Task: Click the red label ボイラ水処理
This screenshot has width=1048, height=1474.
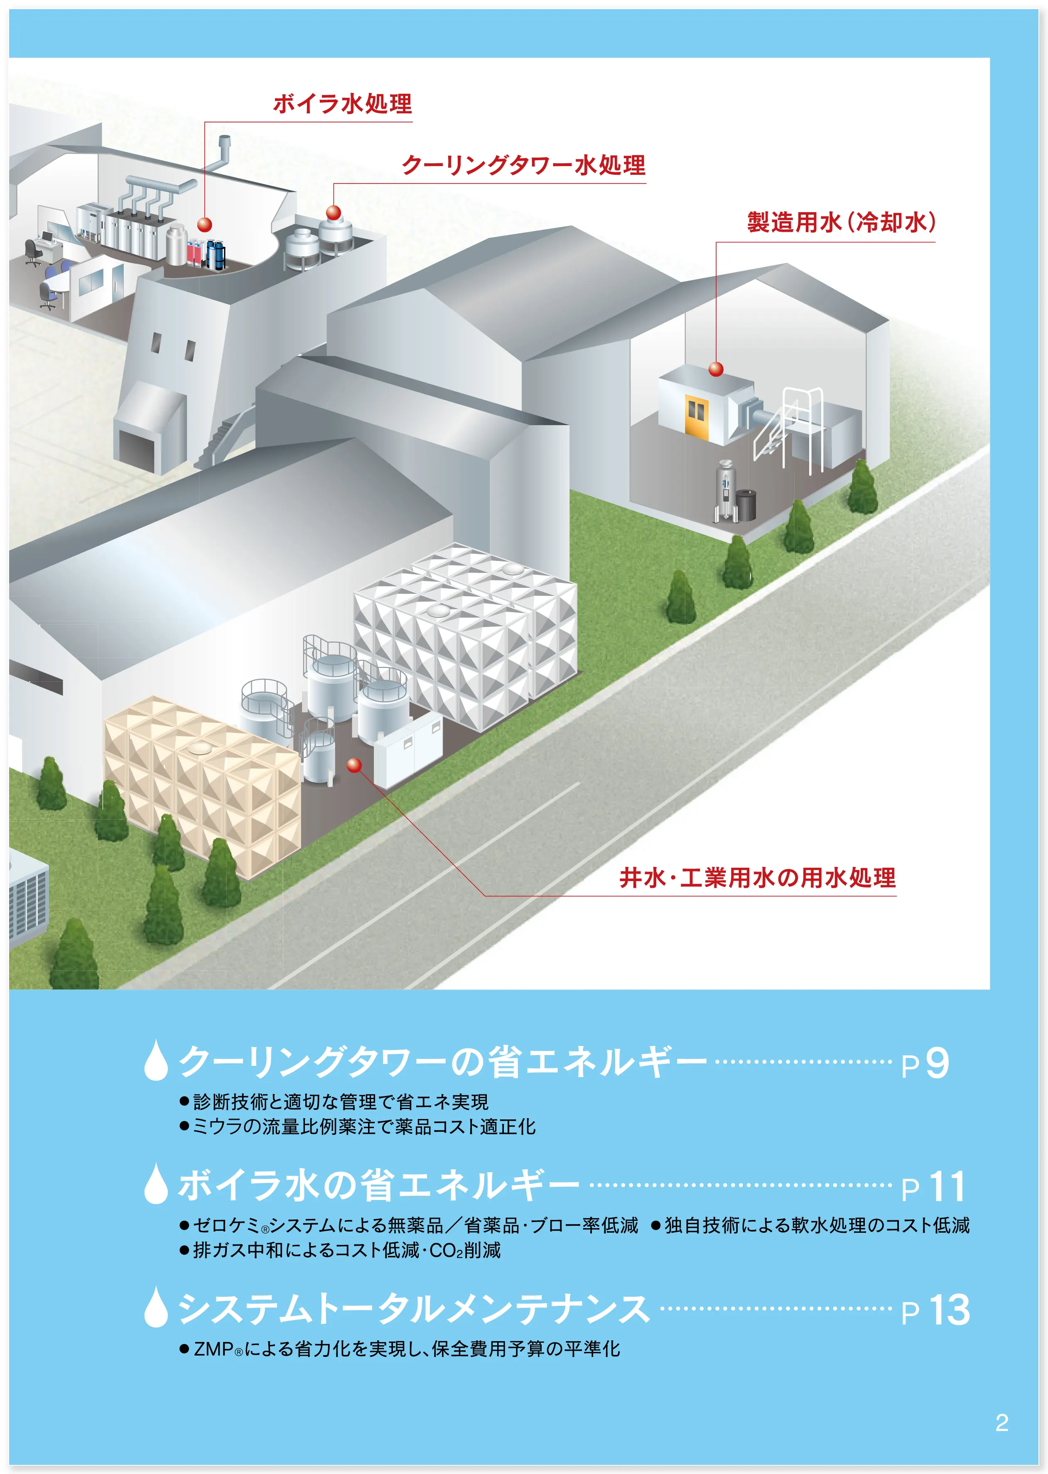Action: pos(342,104)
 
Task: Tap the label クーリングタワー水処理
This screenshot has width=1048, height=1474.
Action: pos(523,166)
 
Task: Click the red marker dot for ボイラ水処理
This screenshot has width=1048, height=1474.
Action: pos(204,225)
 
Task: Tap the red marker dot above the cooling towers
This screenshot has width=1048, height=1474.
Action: pos(334,212)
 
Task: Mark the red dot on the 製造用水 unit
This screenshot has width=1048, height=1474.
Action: pos(716,369)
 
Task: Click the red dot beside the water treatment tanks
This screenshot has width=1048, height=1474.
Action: pos(353,766)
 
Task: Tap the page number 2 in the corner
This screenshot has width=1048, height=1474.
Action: pos(1001,1423)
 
